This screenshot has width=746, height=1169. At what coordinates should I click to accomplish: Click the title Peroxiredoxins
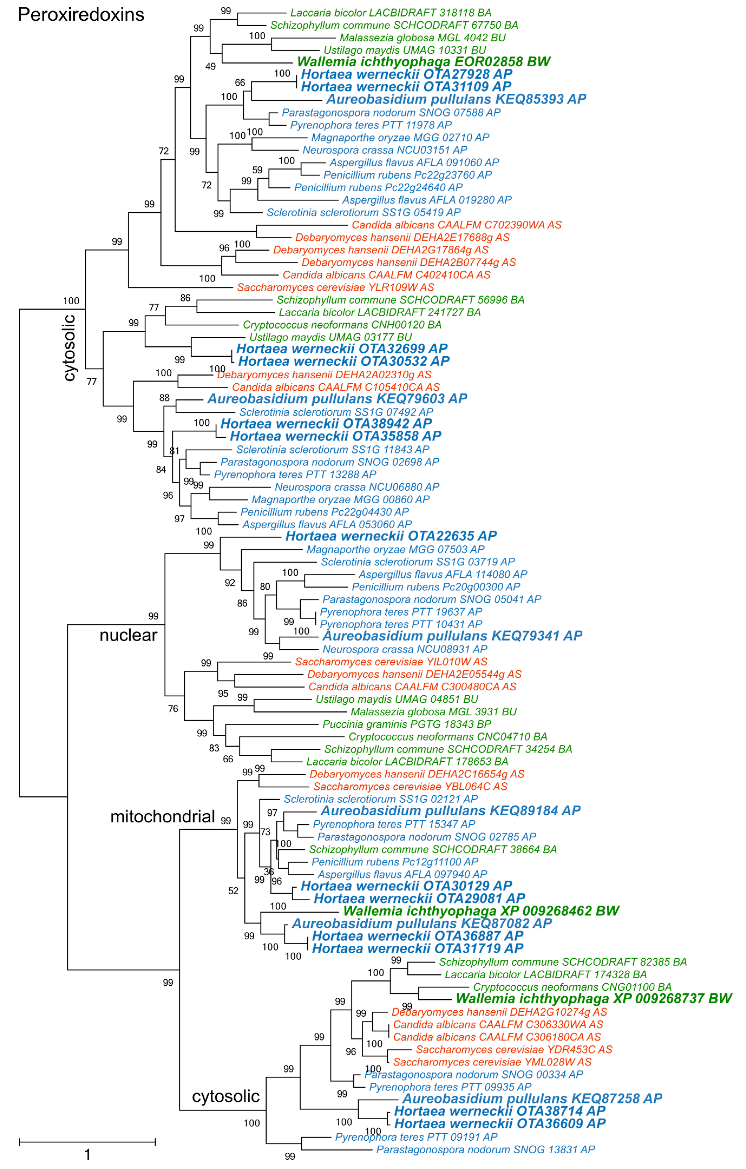point(81,15)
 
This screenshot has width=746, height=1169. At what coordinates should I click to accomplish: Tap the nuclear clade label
point(128,635)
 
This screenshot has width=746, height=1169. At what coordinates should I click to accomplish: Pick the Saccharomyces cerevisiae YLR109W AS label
point(335,287)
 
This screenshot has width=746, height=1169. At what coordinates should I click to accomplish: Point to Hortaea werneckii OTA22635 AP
point(391,536)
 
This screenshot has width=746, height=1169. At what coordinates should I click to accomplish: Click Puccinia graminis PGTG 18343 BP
point(407,724)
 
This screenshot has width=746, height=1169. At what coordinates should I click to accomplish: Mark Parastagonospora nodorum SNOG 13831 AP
point(485,1150)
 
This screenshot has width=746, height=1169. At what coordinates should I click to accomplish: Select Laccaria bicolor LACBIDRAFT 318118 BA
point(391,13)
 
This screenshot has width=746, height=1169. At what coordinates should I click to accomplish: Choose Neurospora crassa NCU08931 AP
point(405,649)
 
